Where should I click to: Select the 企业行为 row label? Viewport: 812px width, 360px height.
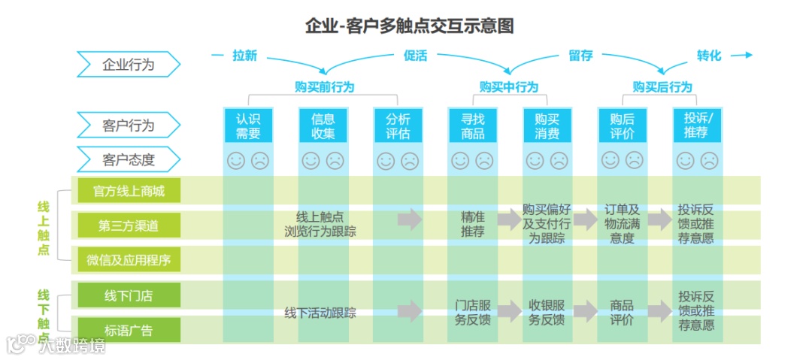[128, 65]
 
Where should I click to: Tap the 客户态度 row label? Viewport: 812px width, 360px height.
[128, 159]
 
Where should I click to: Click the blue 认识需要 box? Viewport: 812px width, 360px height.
[248, 126]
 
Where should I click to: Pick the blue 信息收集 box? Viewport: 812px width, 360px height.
[323, 126]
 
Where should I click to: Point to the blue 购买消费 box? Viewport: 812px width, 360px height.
[547, 126]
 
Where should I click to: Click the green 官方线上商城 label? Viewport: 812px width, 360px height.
[129, 191]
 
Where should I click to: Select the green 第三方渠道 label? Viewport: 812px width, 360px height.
[129, 225]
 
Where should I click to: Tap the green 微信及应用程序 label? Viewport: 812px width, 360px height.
[129, 260]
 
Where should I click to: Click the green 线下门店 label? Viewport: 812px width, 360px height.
[129, 295]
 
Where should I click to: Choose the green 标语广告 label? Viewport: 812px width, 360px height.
[129, 329]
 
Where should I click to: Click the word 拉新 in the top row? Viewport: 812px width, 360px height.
[244, 56]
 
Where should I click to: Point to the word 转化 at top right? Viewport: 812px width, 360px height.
[708, 56]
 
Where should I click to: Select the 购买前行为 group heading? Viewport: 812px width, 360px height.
[324, 87]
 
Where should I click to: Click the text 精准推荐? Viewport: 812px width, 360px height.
[472, 225]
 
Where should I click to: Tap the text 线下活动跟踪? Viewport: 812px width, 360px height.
[320, 313]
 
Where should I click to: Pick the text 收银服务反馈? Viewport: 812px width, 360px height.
[547, 313]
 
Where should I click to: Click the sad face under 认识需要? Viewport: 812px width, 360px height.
[260, 160]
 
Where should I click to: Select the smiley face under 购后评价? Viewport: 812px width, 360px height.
[611, 160]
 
